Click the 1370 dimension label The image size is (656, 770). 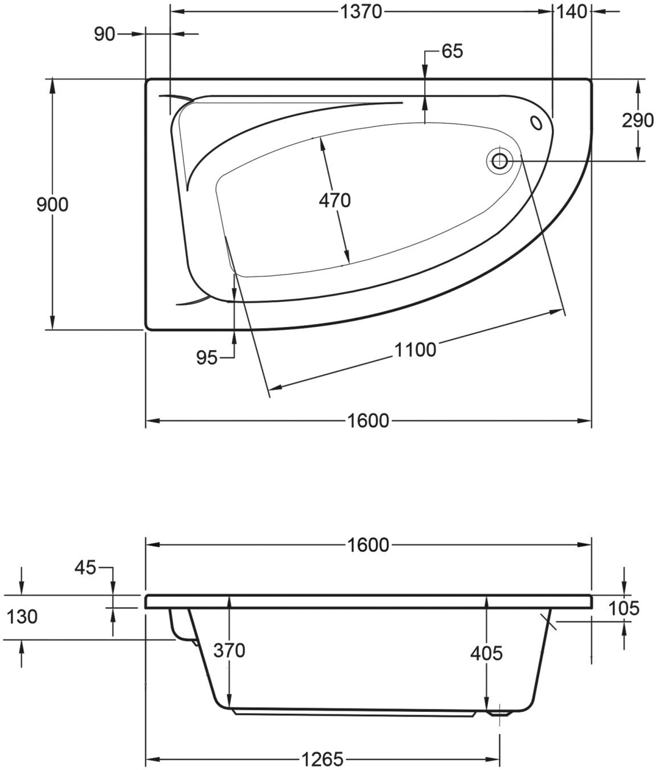click(x=362, y=12)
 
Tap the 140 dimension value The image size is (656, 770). click(x=572, y=12)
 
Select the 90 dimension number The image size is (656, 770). click(x=104, y=34)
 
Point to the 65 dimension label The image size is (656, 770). click(x=452, y=51)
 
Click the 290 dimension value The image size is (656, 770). click(x=638, y=120)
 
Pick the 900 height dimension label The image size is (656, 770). click(x=52, y=205)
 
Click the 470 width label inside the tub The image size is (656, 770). click(x=334, y=201)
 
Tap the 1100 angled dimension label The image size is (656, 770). click(x=415, y=350)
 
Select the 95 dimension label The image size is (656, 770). click(x=207, y=358)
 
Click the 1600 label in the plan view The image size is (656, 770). click(x=368, y=421)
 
